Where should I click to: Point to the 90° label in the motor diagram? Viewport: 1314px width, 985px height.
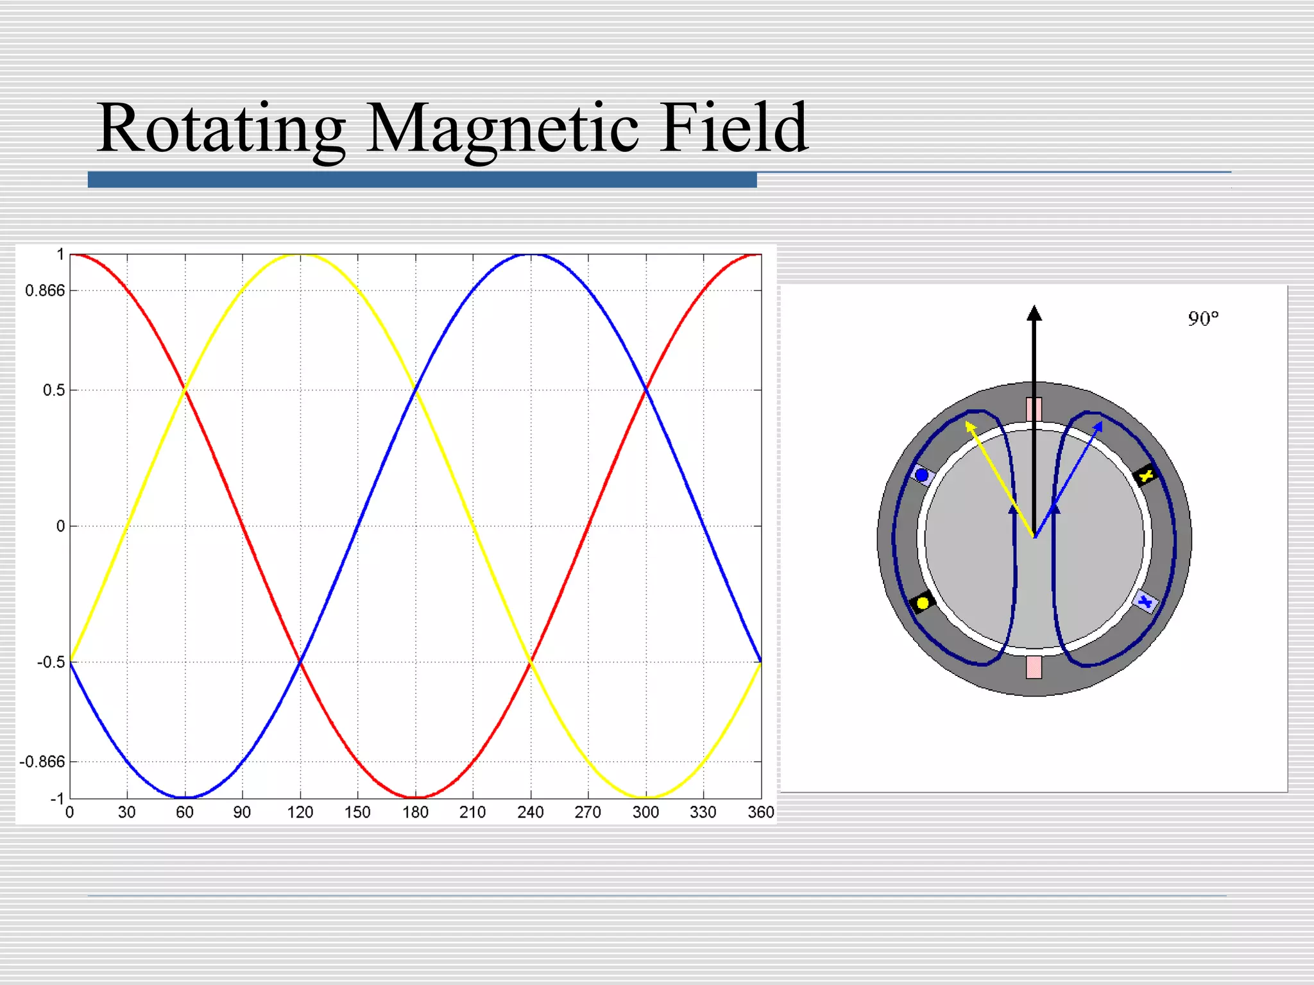click(x=1203, y=319)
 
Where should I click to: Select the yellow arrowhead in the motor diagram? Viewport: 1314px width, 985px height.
click(x=970, y=426)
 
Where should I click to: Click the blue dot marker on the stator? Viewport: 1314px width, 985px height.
click(x=922, y=475)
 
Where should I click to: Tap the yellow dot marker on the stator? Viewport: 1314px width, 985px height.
click(x=923, y=603)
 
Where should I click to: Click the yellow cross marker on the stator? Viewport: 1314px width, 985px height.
click(x=1146, y=475)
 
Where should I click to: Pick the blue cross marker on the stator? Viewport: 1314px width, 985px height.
click(x=1145, y=602)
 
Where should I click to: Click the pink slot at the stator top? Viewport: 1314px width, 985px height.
click(x=1034, y=409)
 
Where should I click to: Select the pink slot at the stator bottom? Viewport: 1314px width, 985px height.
click(x=1034, y=667)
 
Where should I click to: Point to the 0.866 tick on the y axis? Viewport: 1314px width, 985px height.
click(x=45, y=290)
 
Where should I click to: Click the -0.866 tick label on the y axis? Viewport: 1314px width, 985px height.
click(x=42, y=762)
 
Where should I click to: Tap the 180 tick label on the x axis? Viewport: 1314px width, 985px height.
click(x=415, y=812)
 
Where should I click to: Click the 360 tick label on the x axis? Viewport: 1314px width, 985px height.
click(x=761, y=812)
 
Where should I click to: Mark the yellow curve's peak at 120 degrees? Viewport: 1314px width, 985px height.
click(x=300, y=255)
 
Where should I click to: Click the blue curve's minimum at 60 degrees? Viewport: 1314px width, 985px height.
click(x=185, y=797)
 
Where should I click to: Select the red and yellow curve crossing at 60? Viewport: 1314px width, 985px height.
click(x=185, y=389)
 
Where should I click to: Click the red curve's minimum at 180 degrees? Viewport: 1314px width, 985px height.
click(x=416, y=797)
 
